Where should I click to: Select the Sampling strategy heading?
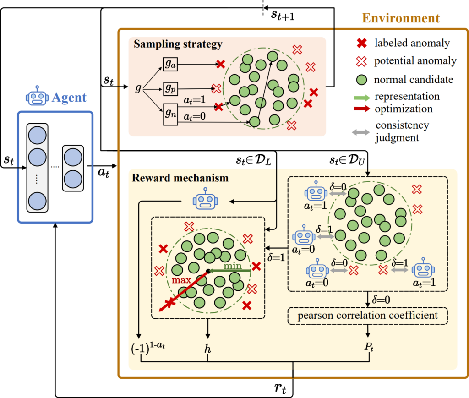pos(178,44)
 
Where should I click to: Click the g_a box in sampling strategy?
pos(169,64)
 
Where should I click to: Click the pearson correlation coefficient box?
pos(367,315)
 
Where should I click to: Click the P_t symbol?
pos(367,349)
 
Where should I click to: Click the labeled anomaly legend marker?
pos(362,44)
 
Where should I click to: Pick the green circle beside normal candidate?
pos(362,79)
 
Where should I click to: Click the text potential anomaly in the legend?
pos(415,61)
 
